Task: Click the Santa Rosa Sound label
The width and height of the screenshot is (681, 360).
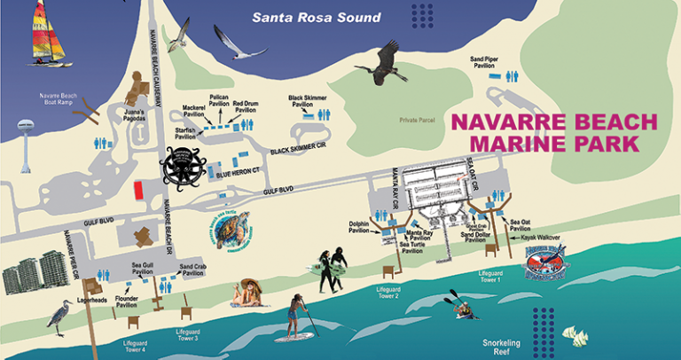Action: pyautogui.click(x=316, y=18)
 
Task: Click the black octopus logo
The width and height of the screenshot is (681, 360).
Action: pyautogui.click(x=182, y=165)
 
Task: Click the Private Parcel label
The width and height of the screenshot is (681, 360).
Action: pyautogui.click(x=420, y=119)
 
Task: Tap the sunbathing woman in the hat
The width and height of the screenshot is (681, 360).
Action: pyautogui.click(x=249, y=293)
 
